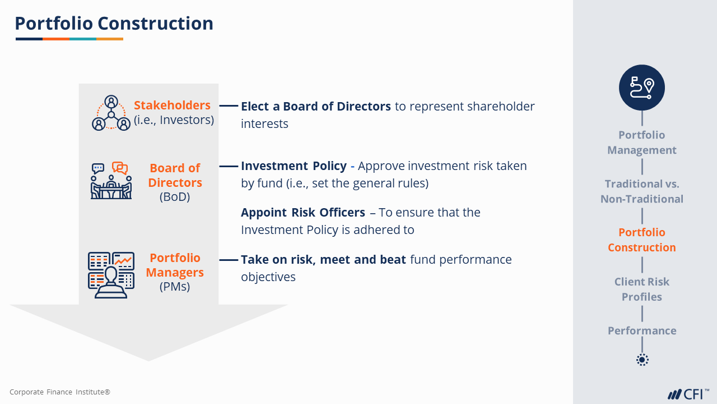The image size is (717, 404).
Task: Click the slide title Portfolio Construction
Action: [x=114, y=24]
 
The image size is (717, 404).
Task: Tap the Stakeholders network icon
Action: [x=111, y=113]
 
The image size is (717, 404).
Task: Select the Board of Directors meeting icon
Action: [x=111, y=181]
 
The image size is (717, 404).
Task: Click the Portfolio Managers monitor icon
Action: [x=111, y=275]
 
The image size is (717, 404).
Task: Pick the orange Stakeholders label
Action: [x=172, y=105]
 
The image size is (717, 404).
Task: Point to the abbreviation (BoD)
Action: [x=175, y=196]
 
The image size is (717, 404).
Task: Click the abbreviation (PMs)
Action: [x=175, y=286]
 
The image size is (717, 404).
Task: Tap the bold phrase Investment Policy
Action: [x=294, y=166]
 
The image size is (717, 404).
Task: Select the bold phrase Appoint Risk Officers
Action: [x=303, y=212]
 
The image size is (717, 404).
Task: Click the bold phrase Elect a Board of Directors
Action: [x=316, y=106]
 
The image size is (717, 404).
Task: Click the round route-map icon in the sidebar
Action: [x=642, y=88]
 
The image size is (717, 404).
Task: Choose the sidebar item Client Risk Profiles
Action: [x=642, y=289]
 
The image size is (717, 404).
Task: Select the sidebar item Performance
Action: [x=642, y=330]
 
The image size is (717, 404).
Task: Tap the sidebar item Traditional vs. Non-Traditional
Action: [x=642, y=191]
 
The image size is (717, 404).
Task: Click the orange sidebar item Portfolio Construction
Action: [x=642, y=240]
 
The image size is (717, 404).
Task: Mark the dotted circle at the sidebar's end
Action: [x=642, y=360]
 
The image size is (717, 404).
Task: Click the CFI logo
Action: [x=688, y=394]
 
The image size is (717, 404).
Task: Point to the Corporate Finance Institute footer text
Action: [x=60, y=392]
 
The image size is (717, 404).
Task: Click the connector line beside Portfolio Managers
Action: [x=229, y=260]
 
